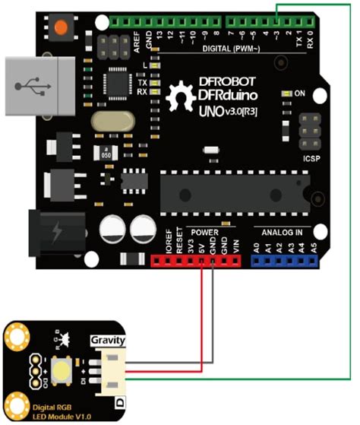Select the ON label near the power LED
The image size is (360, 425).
[300, 94]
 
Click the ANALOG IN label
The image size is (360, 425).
[282, 231]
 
